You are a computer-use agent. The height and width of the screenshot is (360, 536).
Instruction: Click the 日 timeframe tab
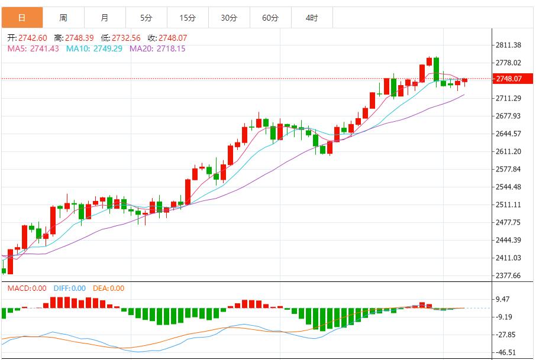(22, 18)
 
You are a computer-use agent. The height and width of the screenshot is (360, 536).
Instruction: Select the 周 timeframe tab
(63, 18)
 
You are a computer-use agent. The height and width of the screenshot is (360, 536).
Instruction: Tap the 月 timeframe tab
(105, 18)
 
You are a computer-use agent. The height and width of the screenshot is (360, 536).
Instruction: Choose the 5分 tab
(146, 18)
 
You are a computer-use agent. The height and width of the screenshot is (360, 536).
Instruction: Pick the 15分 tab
(188, 18)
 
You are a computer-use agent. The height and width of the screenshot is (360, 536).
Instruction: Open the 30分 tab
(229, 18)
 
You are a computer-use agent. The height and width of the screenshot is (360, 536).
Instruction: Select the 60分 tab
(270, 18)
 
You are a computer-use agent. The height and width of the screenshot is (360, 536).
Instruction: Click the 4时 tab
(312, 18)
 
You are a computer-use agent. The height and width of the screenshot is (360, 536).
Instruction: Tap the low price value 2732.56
(126, 38)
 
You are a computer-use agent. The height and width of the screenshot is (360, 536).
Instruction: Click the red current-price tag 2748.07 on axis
(509, 79)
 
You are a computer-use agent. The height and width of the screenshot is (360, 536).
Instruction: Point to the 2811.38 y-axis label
(508, 45)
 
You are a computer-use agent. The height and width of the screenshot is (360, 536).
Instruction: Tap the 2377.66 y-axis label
(508, 275)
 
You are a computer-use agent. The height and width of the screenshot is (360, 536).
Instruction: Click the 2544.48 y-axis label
(508, 187)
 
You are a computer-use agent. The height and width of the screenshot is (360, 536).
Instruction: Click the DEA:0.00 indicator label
(109, 288)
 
